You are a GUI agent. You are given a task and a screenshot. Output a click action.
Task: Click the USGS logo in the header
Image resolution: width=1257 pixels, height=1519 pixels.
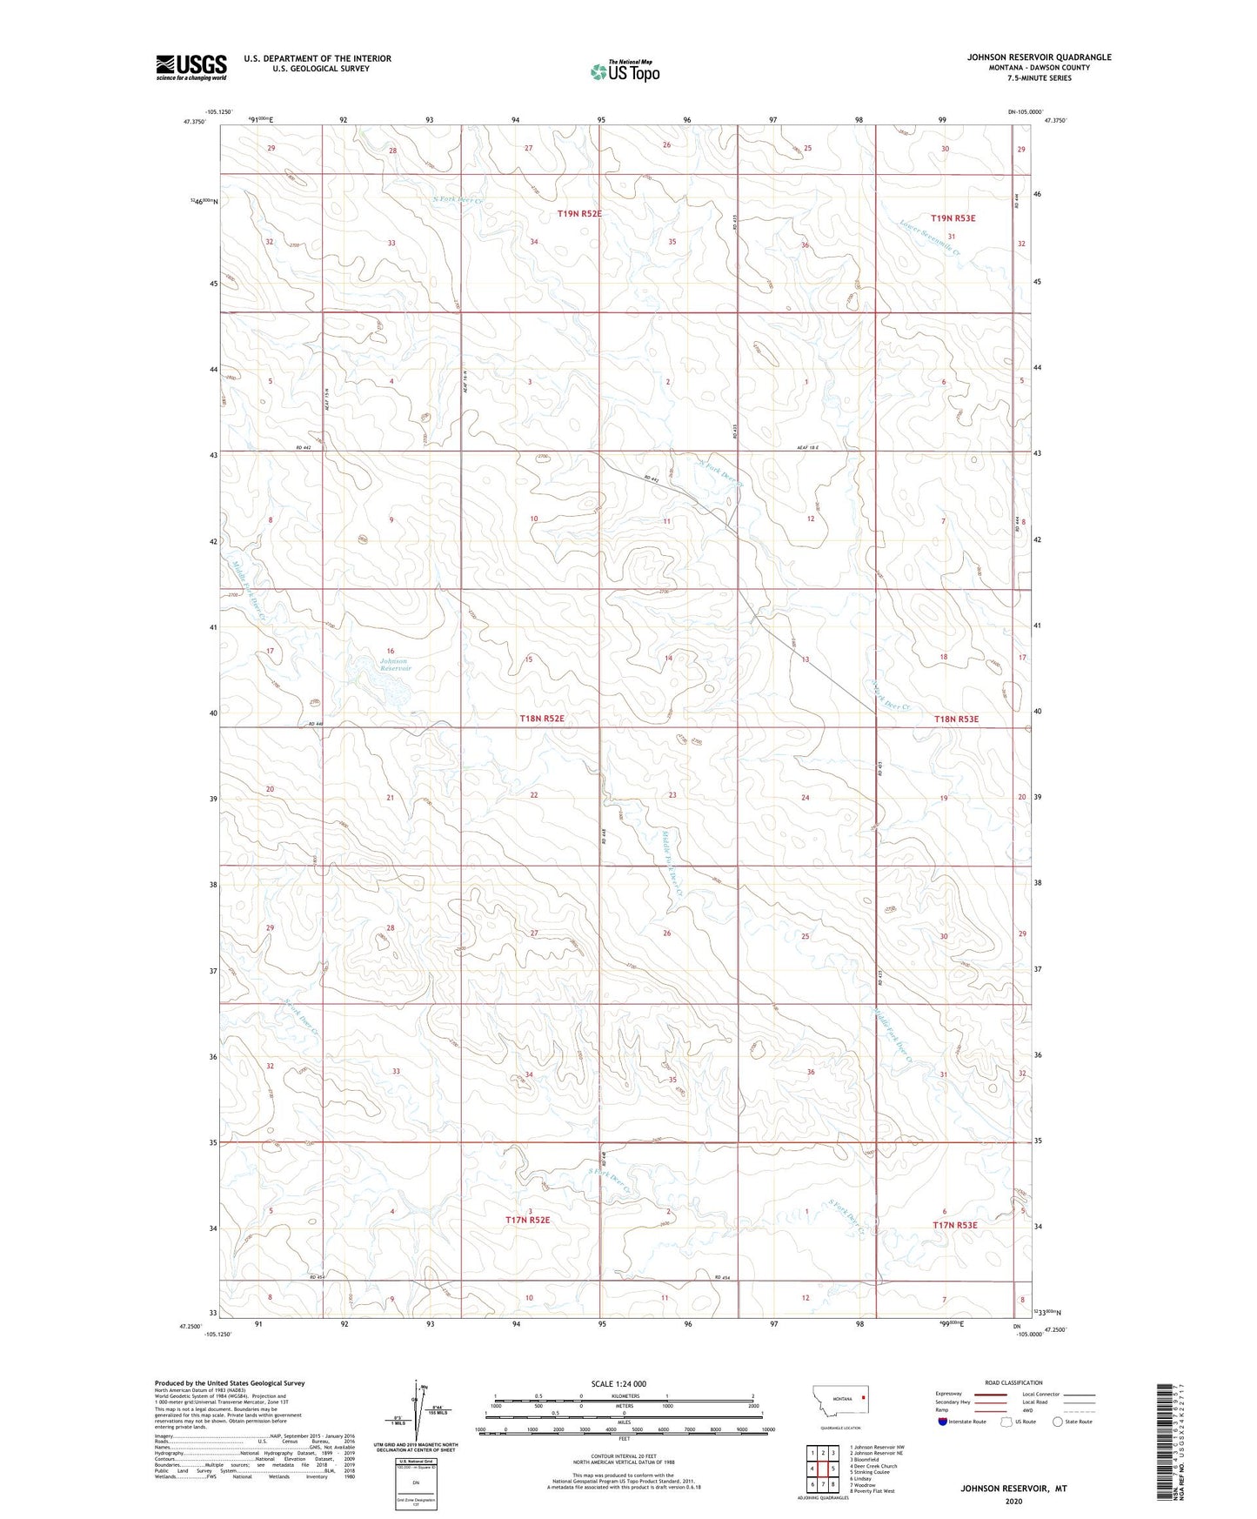pyautogui.click(x=191, y=67)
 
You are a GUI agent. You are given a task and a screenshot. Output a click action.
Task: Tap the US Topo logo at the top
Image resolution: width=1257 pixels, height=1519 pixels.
pyautogui.click(x=623, y=70)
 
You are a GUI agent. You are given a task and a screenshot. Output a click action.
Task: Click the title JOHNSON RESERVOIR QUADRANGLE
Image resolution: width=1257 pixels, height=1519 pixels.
pyautogui.click(x=1039, y=57)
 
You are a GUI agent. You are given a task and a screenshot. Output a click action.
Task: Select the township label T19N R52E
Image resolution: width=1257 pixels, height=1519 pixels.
pyautogui.click(x=579, y=213)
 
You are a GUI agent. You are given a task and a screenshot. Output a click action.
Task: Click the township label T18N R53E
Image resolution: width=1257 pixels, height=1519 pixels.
pyautogui.click(x=956, y=719)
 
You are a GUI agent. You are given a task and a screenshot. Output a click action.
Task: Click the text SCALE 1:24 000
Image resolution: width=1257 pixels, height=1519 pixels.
pyautogui.click(x=618, y=1384)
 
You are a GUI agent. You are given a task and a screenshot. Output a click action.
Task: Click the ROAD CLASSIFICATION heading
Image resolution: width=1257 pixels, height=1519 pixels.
pyautogui.click(x=1013, y=1382)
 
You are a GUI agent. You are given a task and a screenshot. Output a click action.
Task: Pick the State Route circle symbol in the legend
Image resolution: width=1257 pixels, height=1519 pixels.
pyautogui.click(x=1058, y=1422)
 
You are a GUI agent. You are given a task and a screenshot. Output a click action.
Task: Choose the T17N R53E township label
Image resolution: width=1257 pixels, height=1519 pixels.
pyautogui.click(x=954, y=1225)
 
